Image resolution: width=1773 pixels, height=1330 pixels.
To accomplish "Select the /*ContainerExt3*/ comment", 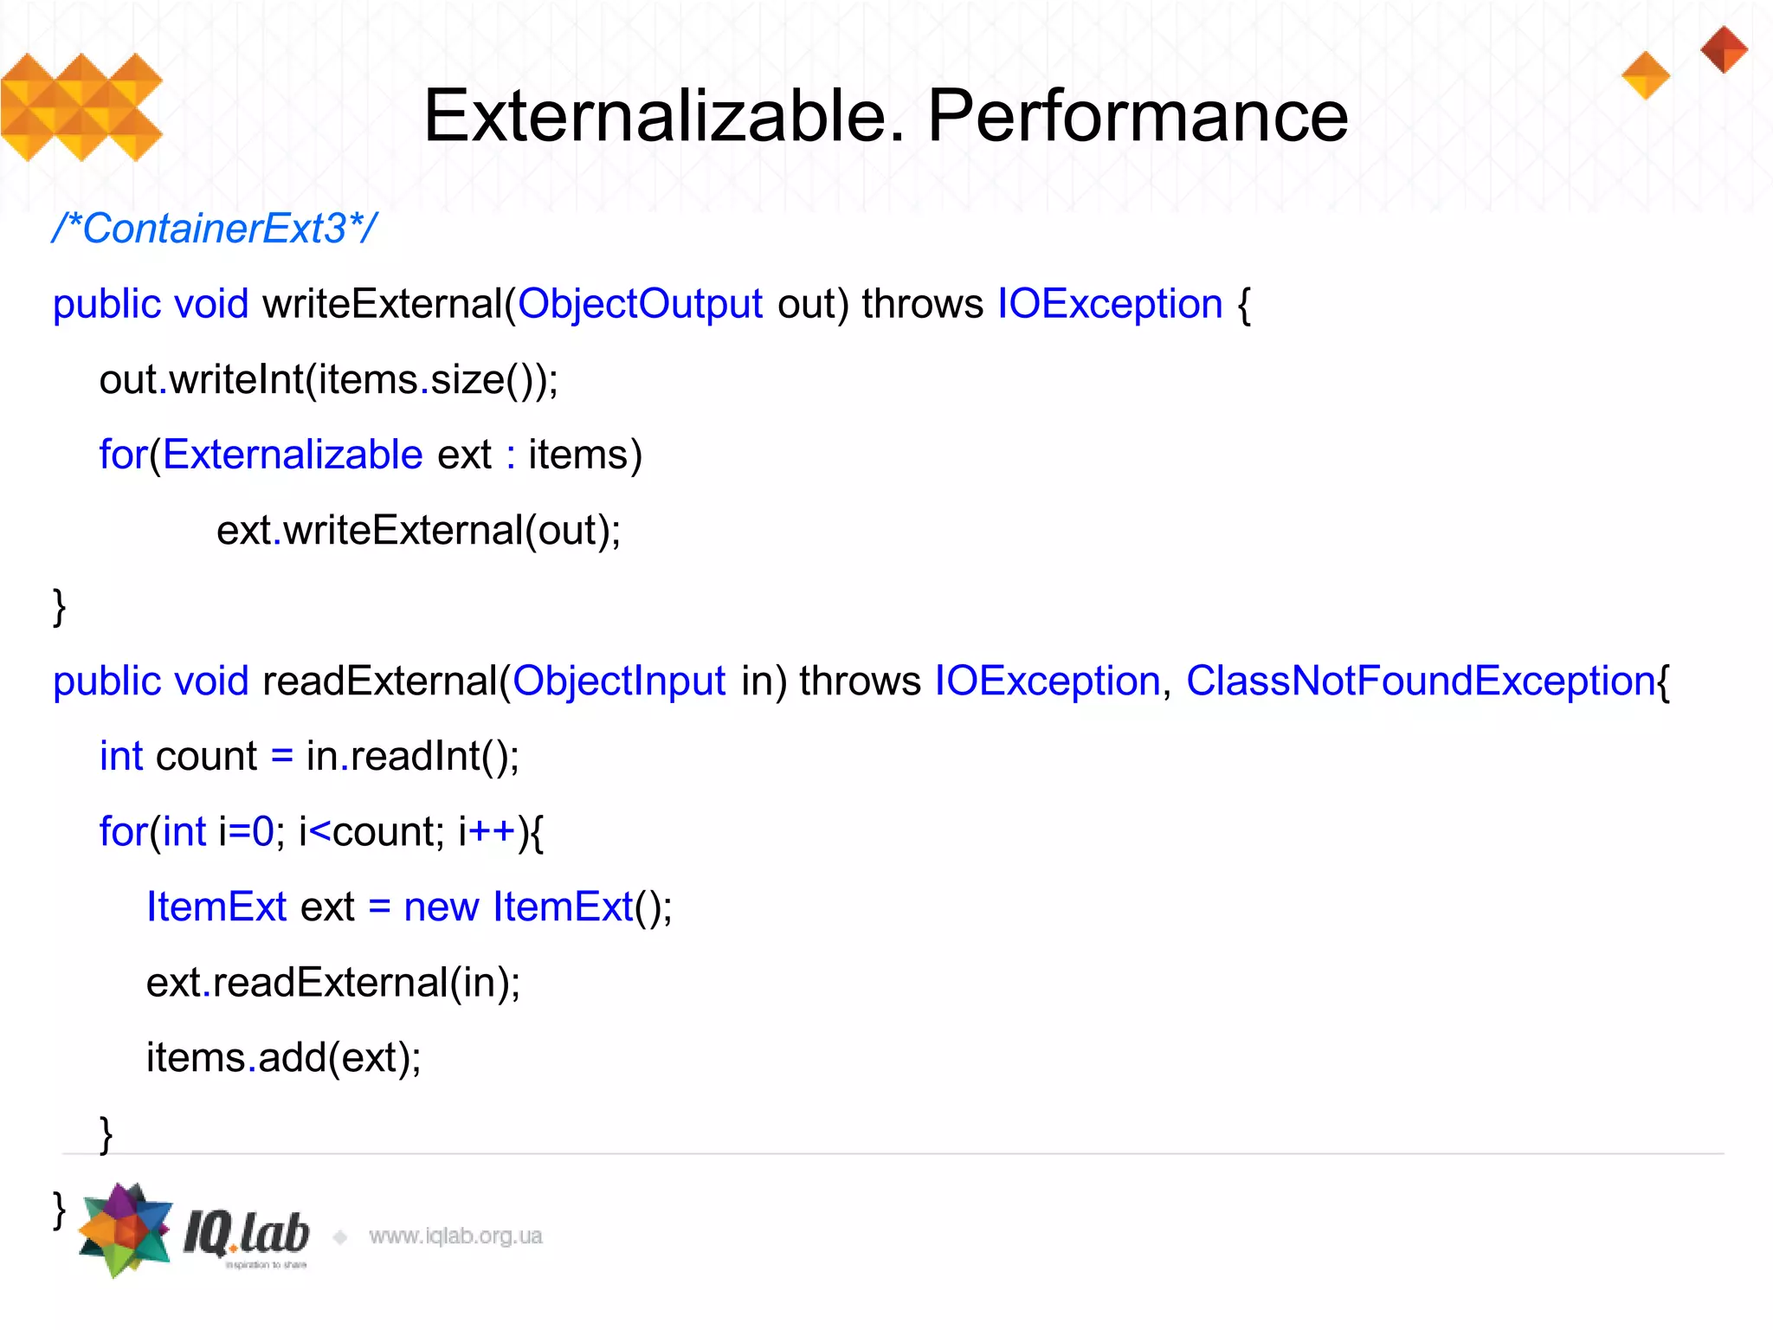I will [x=214, y=229].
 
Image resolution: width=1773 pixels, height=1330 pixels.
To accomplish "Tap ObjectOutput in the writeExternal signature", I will [x=640, y=304].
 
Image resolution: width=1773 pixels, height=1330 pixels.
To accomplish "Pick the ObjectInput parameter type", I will [x=618, y=681].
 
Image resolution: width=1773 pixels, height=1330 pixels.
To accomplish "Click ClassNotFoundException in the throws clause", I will [x=1420, y=681].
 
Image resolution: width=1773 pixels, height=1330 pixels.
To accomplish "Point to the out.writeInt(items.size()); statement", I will [x=329, y=379].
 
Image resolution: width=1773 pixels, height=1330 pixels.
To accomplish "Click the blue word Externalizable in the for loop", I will [x=293, y=455].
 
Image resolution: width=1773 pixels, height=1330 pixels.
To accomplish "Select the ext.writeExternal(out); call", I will [x=418, y=530].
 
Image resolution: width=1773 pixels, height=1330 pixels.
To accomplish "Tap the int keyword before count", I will [x=120, y=756].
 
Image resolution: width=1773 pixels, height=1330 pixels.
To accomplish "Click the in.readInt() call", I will [x=412, y=756].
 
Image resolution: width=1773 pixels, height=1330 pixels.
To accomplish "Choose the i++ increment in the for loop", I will [x=487, y=831].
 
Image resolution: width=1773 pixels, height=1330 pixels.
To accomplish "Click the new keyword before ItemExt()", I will [x=441, y=907].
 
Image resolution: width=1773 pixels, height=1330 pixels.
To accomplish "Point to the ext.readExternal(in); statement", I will [x=333, y=982].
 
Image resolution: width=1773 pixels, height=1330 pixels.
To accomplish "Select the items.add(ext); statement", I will [x=283, y=1057].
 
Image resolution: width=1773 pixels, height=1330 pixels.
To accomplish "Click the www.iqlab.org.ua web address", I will [x=455, y=1236].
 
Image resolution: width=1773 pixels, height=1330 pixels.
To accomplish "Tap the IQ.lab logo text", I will [x=247, y=1233].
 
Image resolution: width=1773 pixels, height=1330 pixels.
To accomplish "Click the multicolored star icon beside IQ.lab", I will [x=125, y=1230].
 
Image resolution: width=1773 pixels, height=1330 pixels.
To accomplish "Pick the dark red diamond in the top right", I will [x=1724, y=49].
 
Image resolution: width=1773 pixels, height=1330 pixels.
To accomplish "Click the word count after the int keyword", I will [x=206, y=756].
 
